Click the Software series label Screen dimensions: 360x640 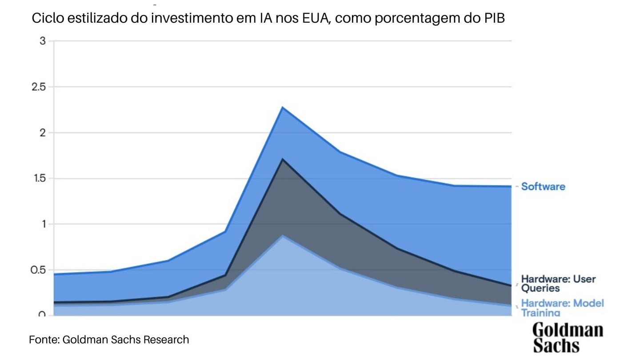(543, 187)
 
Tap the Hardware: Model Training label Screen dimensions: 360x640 (562, 308)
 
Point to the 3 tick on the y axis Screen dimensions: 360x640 (43, 41)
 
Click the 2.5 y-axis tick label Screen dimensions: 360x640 (39, 87)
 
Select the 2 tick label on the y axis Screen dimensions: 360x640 (43, 132)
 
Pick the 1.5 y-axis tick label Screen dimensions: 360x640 (39, 178)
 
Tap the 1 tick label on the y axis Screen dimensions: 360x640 (43, 224)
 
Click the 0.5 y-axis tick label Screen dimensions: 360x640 (39, 270)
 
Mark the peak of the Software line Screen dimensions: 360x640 (283, 107)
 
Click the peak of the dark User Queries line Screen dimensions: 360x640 (283, 159)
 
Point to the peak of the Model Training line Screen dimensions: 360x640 (283, 236)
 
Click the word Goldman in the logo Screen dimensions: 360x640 (568, 330)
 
